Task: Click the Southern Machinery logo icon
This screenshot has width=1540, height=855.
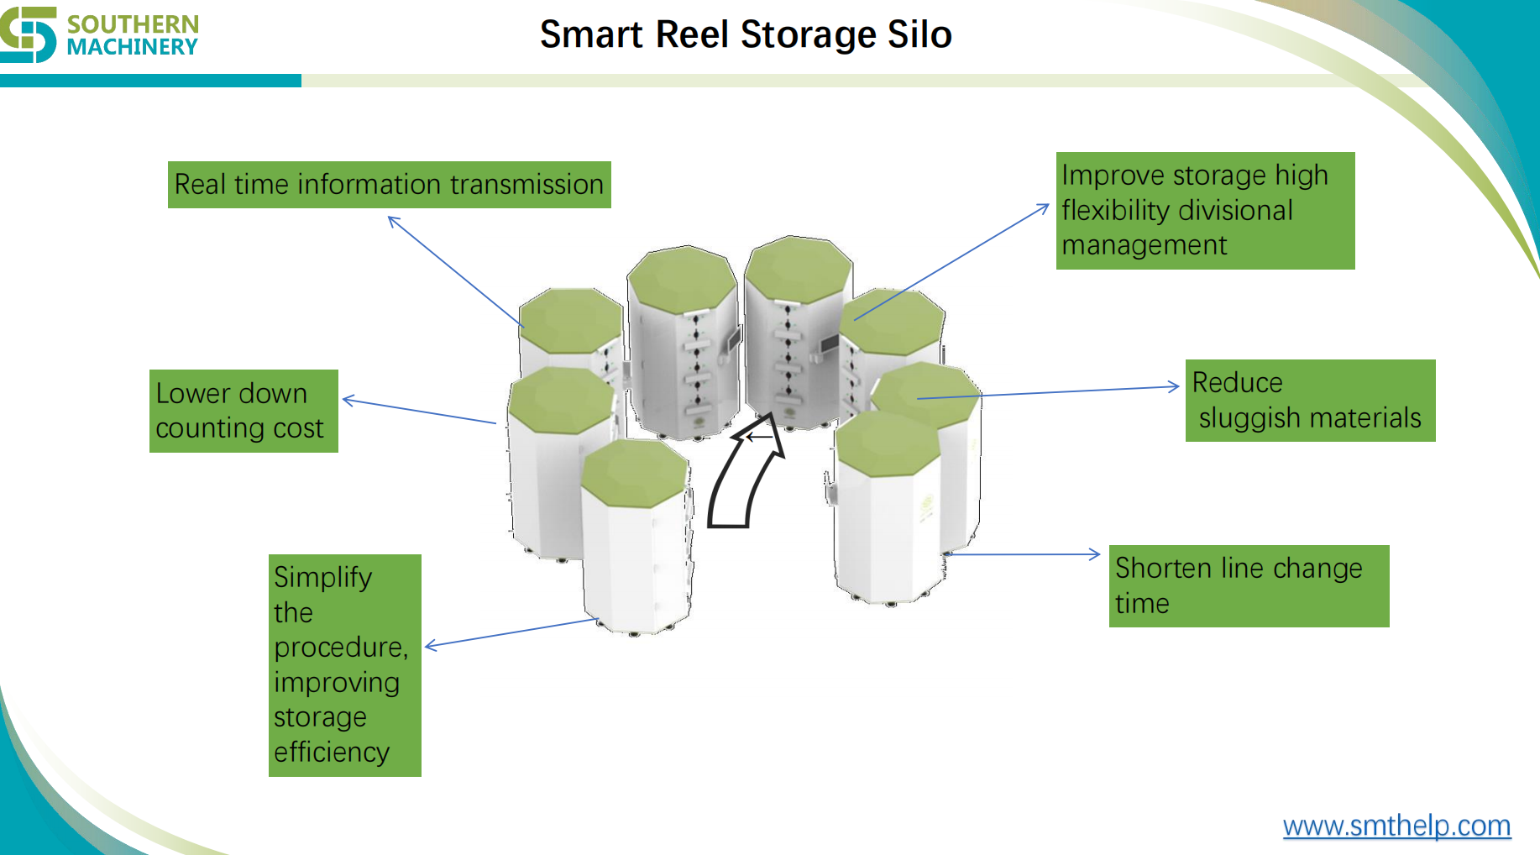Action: [x=29, y=34]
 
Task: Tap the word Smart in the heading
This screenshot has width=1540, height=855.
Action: [x=592, y=35]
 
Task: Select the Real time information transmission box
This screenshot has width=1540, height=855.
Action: [x=389, y=185]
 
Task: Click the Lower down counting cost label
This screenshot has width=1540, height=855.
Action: [x=244, y=411]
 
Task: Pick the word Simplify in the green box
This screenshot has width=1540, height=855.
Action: [x=322, y=578]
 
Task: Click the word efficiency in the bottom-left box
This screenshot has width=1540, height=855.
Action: [x=331, y=752]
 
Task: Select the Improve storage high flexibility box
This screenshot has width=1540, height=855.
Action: [x=1204, y=210]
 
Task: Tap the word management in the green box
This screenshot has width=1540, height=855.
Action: [x=1144, y=245]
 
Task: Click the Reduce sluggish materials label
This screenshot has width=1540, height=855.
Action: [x=1309, y=401]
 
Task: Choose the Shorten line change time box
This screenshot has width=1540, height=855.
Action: [x=1248, y=585]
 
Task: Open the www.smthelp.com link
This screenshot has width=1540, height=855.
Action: [x=1396, y=826]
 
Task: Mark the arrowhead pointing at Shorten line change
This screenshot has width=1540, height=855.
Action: [x=1096, y=553]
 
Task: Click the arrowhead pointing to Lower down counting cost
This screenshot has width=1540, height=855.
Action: [x=347, y=400]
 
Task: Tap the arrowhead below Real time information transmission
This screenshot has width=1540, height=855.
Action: [x=393, y=220]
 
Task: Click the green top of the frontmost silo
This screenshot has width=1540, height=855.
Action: [x=634, y=473]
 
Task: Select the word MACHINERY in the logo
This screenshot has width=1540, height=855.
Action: [x=132, y=48]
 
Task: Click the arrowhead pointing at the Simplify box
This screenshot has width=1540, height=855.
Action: [x=430, y=645]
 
